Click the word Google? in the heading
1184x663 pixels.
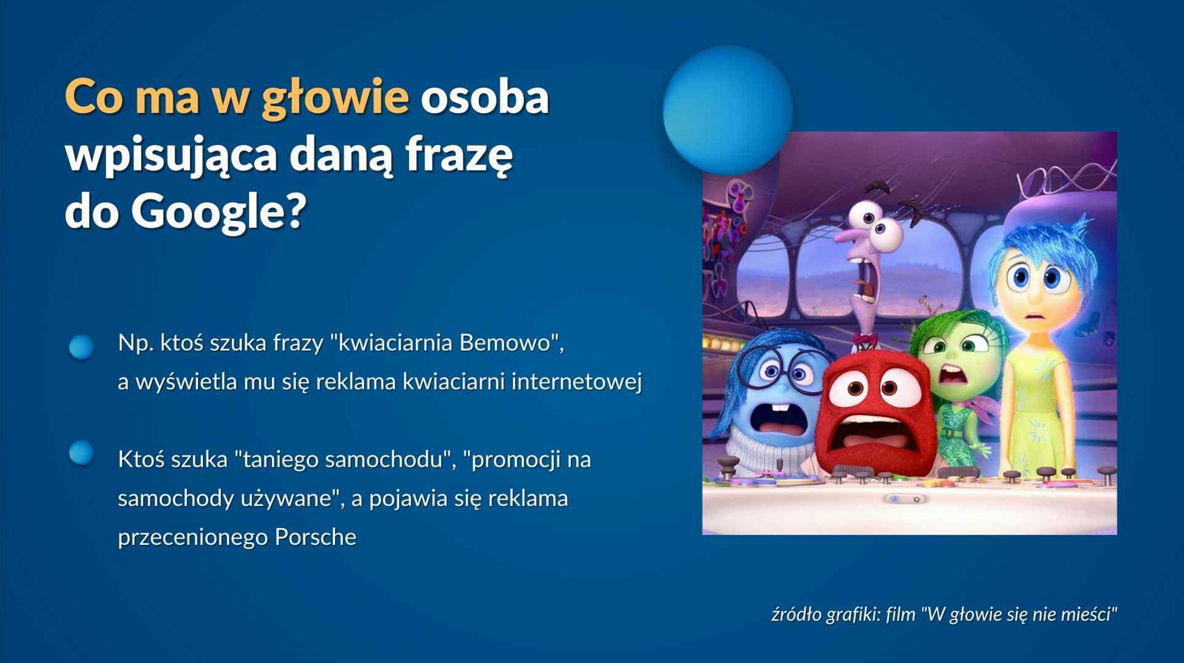click(218, 212)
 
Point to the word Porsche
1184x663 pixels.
click(315, 537)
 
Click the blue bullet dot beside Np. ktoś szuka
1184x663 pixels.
click(81, 347)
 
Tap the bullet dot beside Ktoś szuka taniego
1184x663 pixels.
click(81, 453)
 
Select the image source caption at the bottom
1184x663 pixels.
click(944, 614)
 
